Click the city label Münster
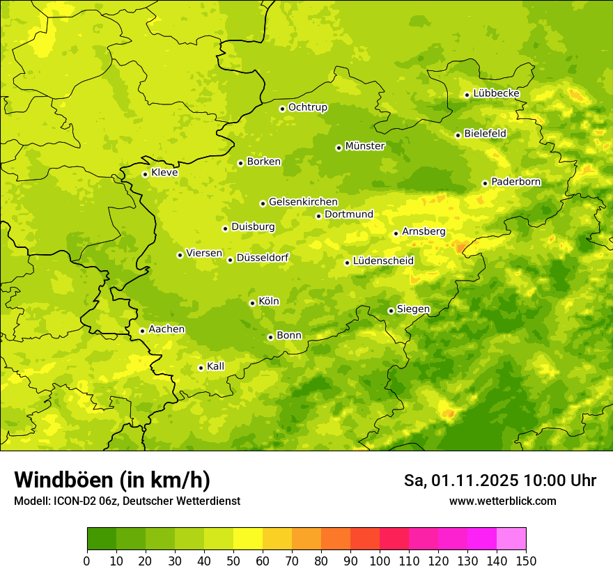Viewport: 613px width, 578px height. coord(365,146)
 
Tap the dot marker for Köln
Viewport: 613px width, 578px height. coord(252,303)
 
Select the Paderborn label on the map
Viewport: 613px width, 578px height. coord(515,182)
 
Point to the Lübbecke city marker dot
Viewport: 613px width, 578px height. coord(467,95)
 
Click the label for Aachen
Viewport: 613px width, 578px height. coord(166,329)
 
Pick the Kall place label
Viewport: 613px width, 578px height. coord(216,366)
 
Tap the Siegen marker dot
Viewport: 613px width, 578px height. coord(391,311)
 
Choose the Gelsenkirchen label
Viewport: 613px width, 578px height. coord(303,202)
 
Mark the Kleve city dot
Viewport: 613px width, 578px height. coord(145,174)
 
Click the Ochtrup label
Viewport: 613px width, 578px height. coord(307,107)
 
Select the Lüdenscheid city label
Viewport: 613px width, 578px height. coord(383,261)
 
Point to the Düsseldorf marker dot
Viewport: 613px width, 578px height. coord(230,260)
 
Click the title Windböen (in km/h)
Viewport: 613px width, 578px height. coord(112,480)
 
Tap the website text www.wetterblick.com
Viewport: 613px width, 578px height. coord(502,501)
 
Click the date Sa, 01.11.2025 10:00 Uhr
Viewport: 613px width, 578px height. coord(499,481)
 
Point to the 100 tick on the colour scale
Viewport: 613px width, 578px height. coord(380,561)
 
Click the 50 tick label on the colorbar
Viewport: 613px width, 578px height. coord(233,561)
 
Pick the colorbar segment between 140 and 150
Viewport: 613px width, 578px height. coord(511,539)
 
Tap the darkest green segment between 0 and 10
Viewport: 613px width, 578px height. coord(102,539)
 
